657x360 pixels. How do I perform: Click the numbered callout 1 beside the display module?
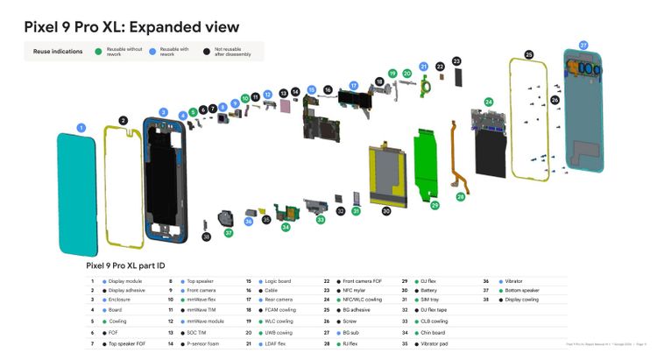[x=81, y=128]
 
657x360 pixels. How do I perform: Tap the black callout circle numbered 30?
[x=386, y=211]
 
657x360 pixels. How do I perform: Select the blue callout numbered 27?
[x=583, y=45]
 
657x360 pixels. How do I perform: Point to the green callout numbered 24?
[x=489, y=102]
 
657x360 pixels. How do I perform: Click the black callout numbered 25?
[x=529, y=54]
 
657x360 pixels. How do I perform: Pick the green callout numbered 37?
[x=229, y=233]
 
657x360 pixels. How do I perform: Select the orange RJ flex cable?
[x=459, y=158]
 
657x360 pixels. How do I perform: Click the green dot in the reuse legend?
[x=98, y=52]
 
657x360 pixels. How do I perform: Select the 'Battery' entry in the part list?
[x=434, y=290]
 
